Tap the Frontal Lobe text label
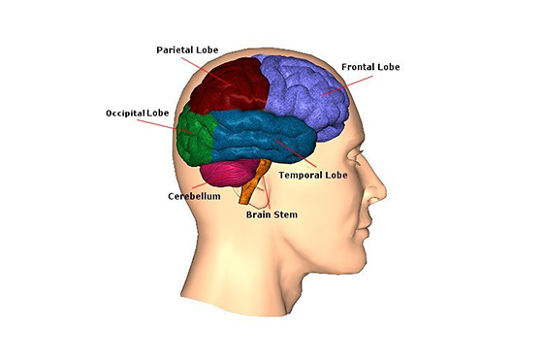(x=370, y=67)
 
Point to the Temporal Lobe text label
(x=312, y=176)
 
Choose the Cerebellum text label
(x=194, y=195)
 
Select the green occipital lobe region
(x=194, y=136)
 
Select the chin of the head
(x=357, y=254)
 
